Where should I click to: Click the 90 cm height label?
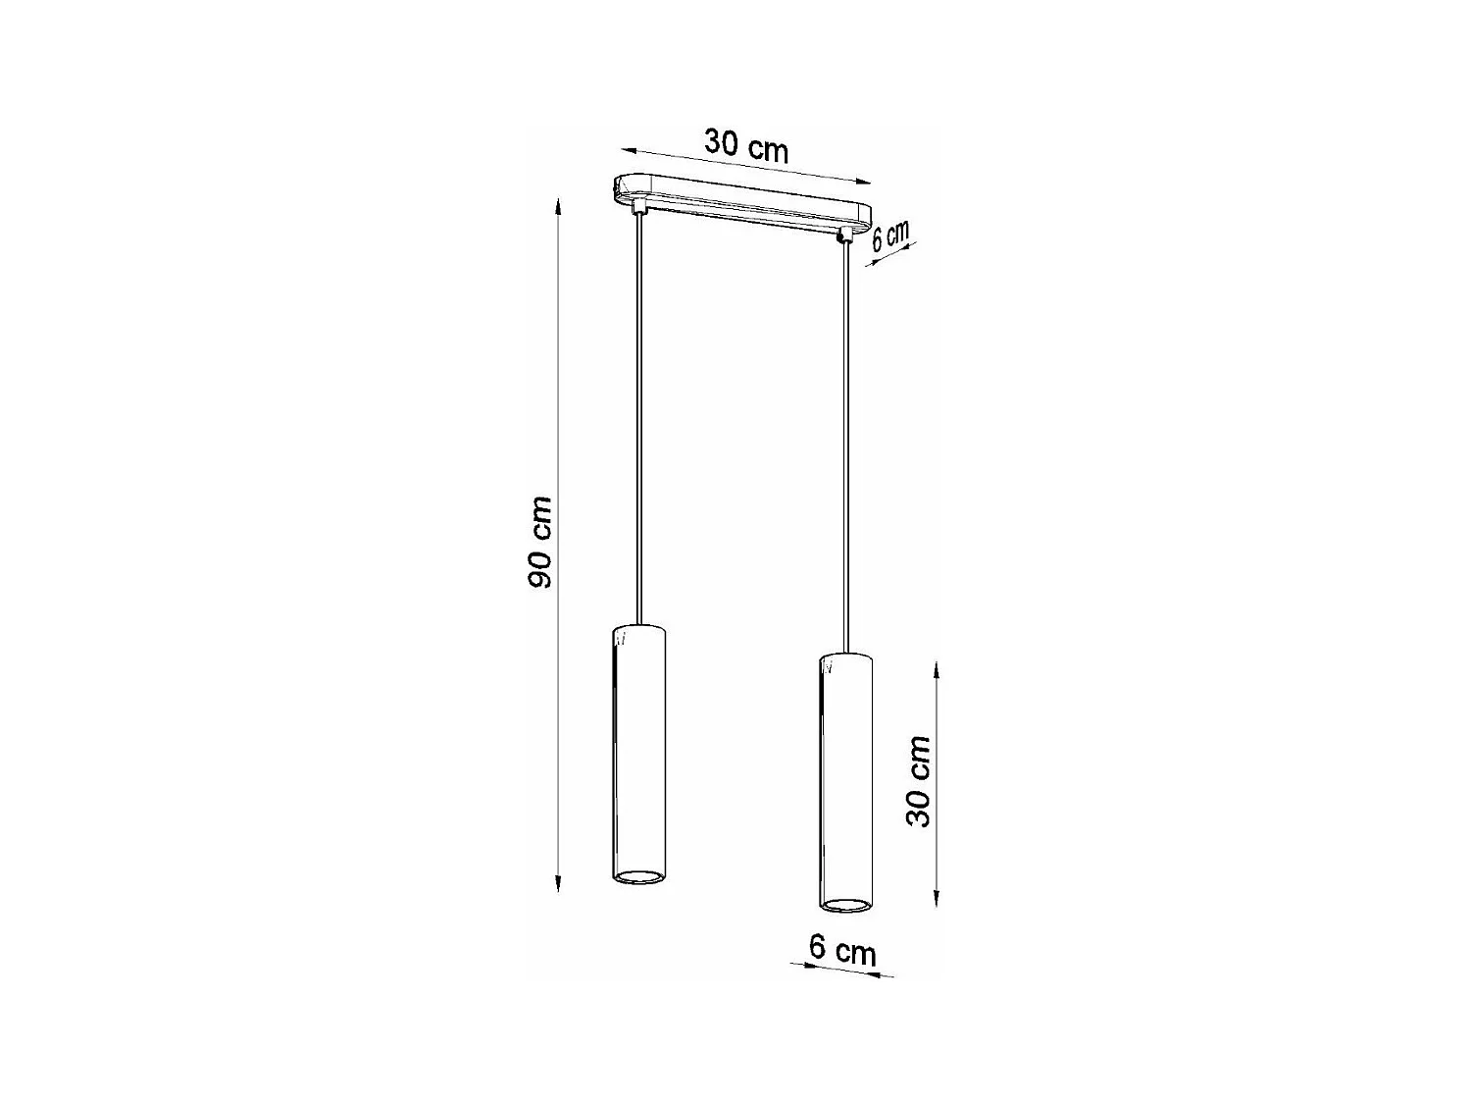(x=539, y=542)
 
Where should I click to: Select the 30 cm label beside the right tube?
(x=919, y=781)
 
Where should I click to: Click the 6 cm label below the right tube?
(x=841, y=950)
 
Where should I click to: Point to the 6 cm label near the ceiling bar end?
(x=890, y=237)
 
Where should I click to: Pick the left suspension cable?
(x=639, y=422)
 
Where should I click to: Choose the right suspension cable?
(x=844, y=442)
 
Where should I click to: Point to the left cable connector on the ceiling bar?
(x=639, y=207)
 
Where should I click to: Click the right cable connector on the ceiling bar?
(x=842, y=236)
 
